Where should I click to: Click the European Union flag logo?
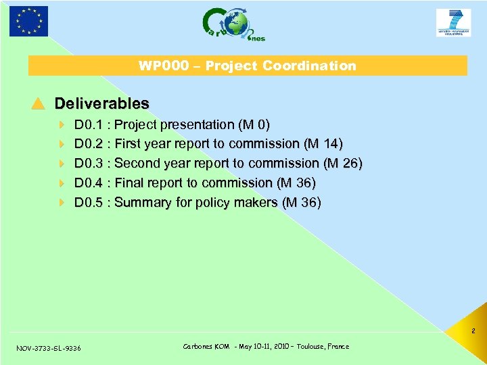pos(29,21)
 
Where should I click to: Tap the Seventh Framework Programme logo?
pos(453,23)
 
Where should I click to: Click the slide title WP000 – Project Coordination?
pos(247,66)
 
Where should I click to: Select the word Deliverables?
pos(101,103)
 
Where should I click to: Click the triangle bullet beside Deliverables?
pos(38,103)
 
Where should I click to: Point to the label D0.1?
pos(87,125)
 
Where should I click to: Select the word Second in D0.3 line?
pos(137,164)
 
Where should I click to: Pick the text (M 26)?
pos(343,164)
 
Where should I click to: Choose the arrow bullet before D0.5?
pos(62,203)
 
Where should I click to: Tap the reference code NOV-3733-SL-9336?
pos(48,348)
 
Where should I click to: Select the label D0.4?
pos(87,183)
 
